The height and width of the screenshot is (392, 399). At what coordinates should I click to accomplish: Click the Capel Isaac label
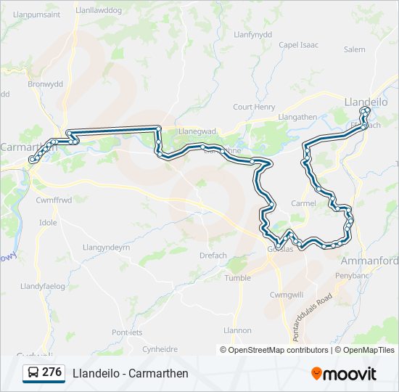[298, 45]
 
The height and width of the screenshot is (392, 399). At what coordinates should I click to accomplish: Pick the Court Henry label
[254, 107]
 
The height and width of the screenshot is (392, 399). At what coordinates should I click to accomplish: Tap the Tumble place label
[238, 278]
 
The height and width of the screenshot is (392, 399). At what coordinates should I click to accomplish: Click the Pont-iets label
[127, 332]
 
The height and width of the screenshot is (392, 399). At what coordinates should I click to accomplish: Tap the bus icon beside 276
[33, 372]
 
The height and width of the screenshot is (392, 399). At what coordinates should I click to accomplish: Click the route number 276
[52, 372]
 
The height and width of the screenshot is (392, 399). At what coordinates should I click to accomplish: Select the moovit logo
[344, 373]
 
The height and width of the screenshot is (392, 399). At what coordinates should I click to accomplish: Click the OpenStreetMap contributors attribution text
[278, 350]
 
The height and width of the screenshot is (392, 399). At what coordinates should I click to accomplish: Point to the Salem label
[355, 49]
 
